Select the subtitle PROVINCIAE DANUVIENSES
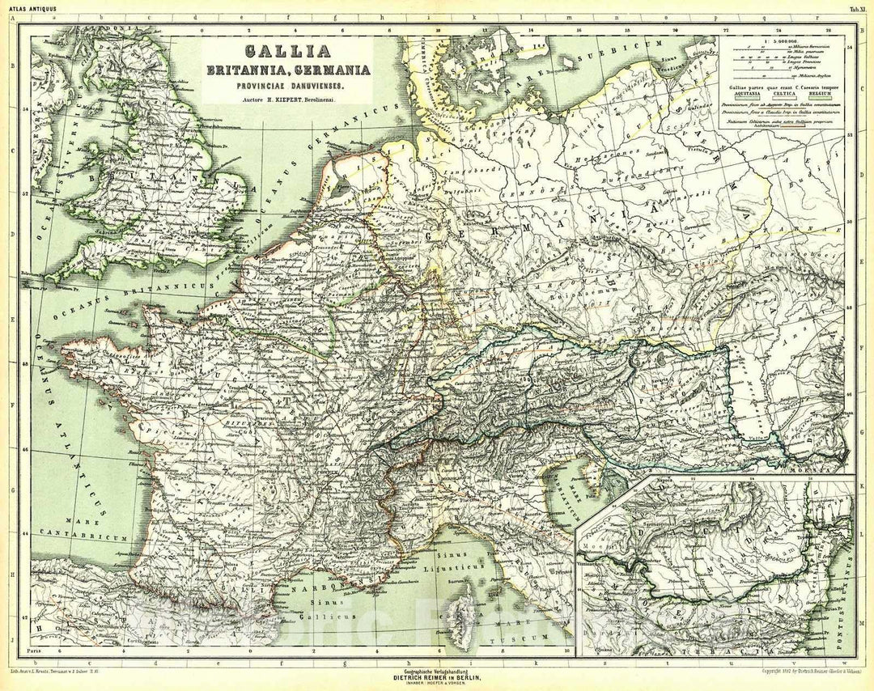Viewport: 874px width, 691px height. point(287,86)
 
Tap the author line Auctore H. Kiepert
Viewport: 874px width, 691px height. point(287,99)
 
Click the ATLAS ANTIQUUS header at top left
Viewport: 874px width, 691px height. point(23,9)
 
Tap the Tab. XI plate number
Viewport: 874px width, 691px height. point(857,9)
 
